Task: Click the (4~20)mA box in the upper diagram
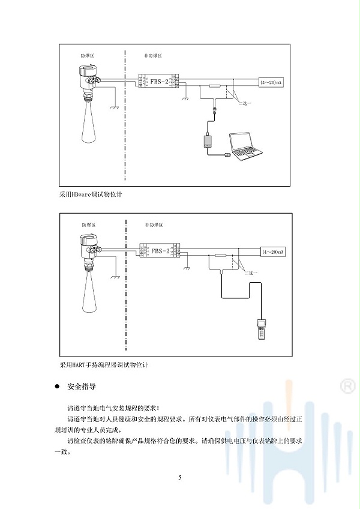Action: pos(272,81)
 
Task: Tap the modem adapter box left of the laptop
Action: pos(208,142)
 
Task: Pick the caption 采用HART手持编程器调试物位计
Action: pos(103,364)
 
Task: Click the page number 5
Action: pos(179,478)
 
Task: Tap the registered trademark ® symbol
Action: pos(346,385)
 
